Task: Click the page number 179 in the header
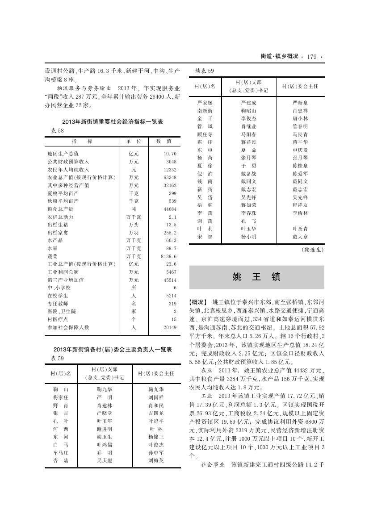[311, 57]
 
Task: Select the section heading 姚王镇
[256, 277]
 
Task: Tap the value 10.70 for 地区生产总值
[170, 154]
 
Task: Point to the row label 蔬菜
[52, 256]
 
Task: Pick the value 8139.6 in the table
[168, 256]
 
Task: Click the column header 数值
[164, 141]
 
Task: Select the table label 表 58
[55, 130]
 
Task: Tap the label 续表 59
[205, 71]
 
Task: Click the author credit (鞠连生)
[312, 250]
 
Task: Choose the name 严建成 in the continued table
[248, 103]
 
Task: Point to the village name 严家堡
[205, 103]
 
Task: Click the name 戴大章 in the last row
[300, 237]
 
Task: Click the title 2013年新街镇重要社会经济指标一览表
[113, 122]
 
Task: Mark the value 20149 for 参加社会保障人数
[169, 327]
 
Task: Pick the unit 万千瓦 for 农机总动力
[134, 217]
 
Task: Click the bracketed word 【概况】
[198, 302]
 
